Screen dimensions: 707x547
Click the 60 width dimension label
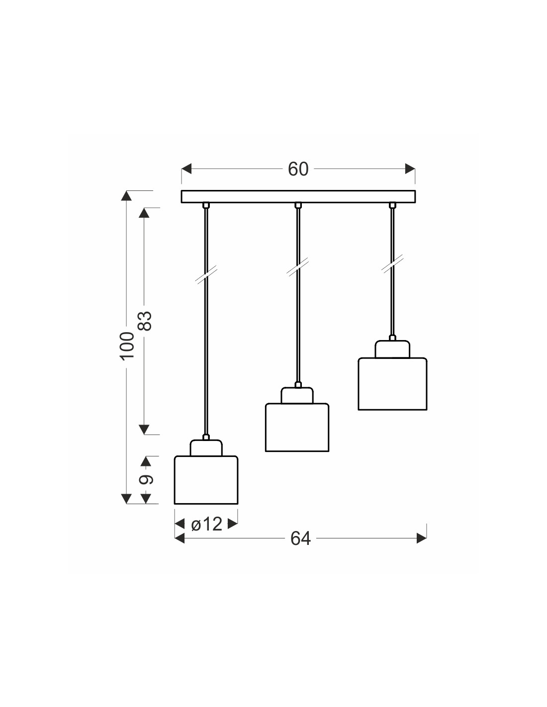[x=298, y=170]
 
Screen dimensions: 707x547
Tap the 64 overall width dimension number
[x=300, y=538]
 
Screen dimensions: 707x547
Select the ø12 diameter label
[x=206, y=524]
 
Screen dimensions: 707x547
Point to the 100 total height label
[x=127, y=345]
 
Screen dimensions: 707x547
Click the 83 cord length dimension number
[x=144, y=321]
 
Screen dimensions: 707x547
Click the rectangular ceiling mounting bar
[x=298, y=197]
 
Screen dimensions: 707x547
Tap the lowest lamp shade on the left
[x=206, y=480]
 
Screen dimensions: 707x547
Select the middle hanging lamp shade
[x=297, y=427]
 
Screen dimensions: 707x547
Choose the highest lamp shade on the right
[x=392, y=383]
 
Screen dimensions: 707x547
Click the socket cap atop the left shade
[x=206, y=447]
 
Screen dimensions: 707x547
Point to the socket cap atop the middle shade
[x=297, y=395]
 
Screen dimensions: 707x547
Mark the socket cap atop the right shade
[x=392, y=349]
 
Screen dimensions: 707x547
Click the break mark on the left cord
[x=205, y=275]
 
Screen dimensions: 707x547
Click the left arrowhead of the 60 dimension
[x=186, y=170]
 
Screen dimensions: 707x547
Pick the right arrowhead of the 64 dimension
[x=422, y=538]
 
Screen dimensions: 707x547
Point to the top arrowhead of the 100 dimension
[x=127, y=195]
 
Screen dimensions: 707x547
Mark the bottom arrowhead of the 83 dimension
[x=144, y=429]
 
